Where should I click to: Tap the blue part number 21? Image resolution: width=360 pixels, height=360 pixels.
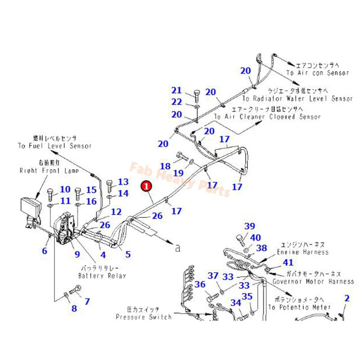(176, 90)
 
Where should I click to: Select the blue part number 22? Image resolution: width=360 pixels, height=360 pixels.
(176, 103)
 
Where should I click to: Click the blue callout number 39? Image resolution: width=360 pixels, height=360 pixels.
(250, 226)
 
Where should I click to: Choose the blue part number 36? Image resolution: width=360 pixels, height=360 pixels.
(200, 284)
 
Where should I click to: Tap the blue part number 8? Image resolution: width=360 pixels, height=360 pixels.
(74, 308)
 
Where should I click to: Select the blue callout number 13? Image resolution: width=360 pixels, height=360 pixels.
(123, 182)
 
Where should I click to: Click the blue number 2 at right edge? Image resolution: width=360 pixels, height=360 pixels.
(346, 297)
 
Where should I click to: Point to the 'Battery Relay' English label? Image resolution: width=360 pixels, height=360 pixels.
(102, 276)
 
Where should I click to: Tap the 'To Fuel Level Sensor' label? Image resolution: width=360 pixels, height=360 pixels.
(55, 146)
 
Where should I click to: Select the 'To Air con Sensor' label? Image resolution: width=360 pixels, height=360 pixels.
(318, 73)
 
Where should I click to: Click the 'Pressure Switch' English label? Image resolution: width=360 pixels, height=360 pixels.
(144, 317)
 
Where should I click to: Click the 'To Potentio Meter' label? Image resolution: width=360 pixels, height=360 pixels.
(299, 307)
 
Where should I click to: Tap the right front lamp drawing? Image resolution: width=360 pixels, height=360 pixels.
(34, 208)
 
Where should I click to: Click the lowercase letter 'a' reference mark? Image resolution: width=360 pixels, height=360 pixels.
(177, 247)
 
